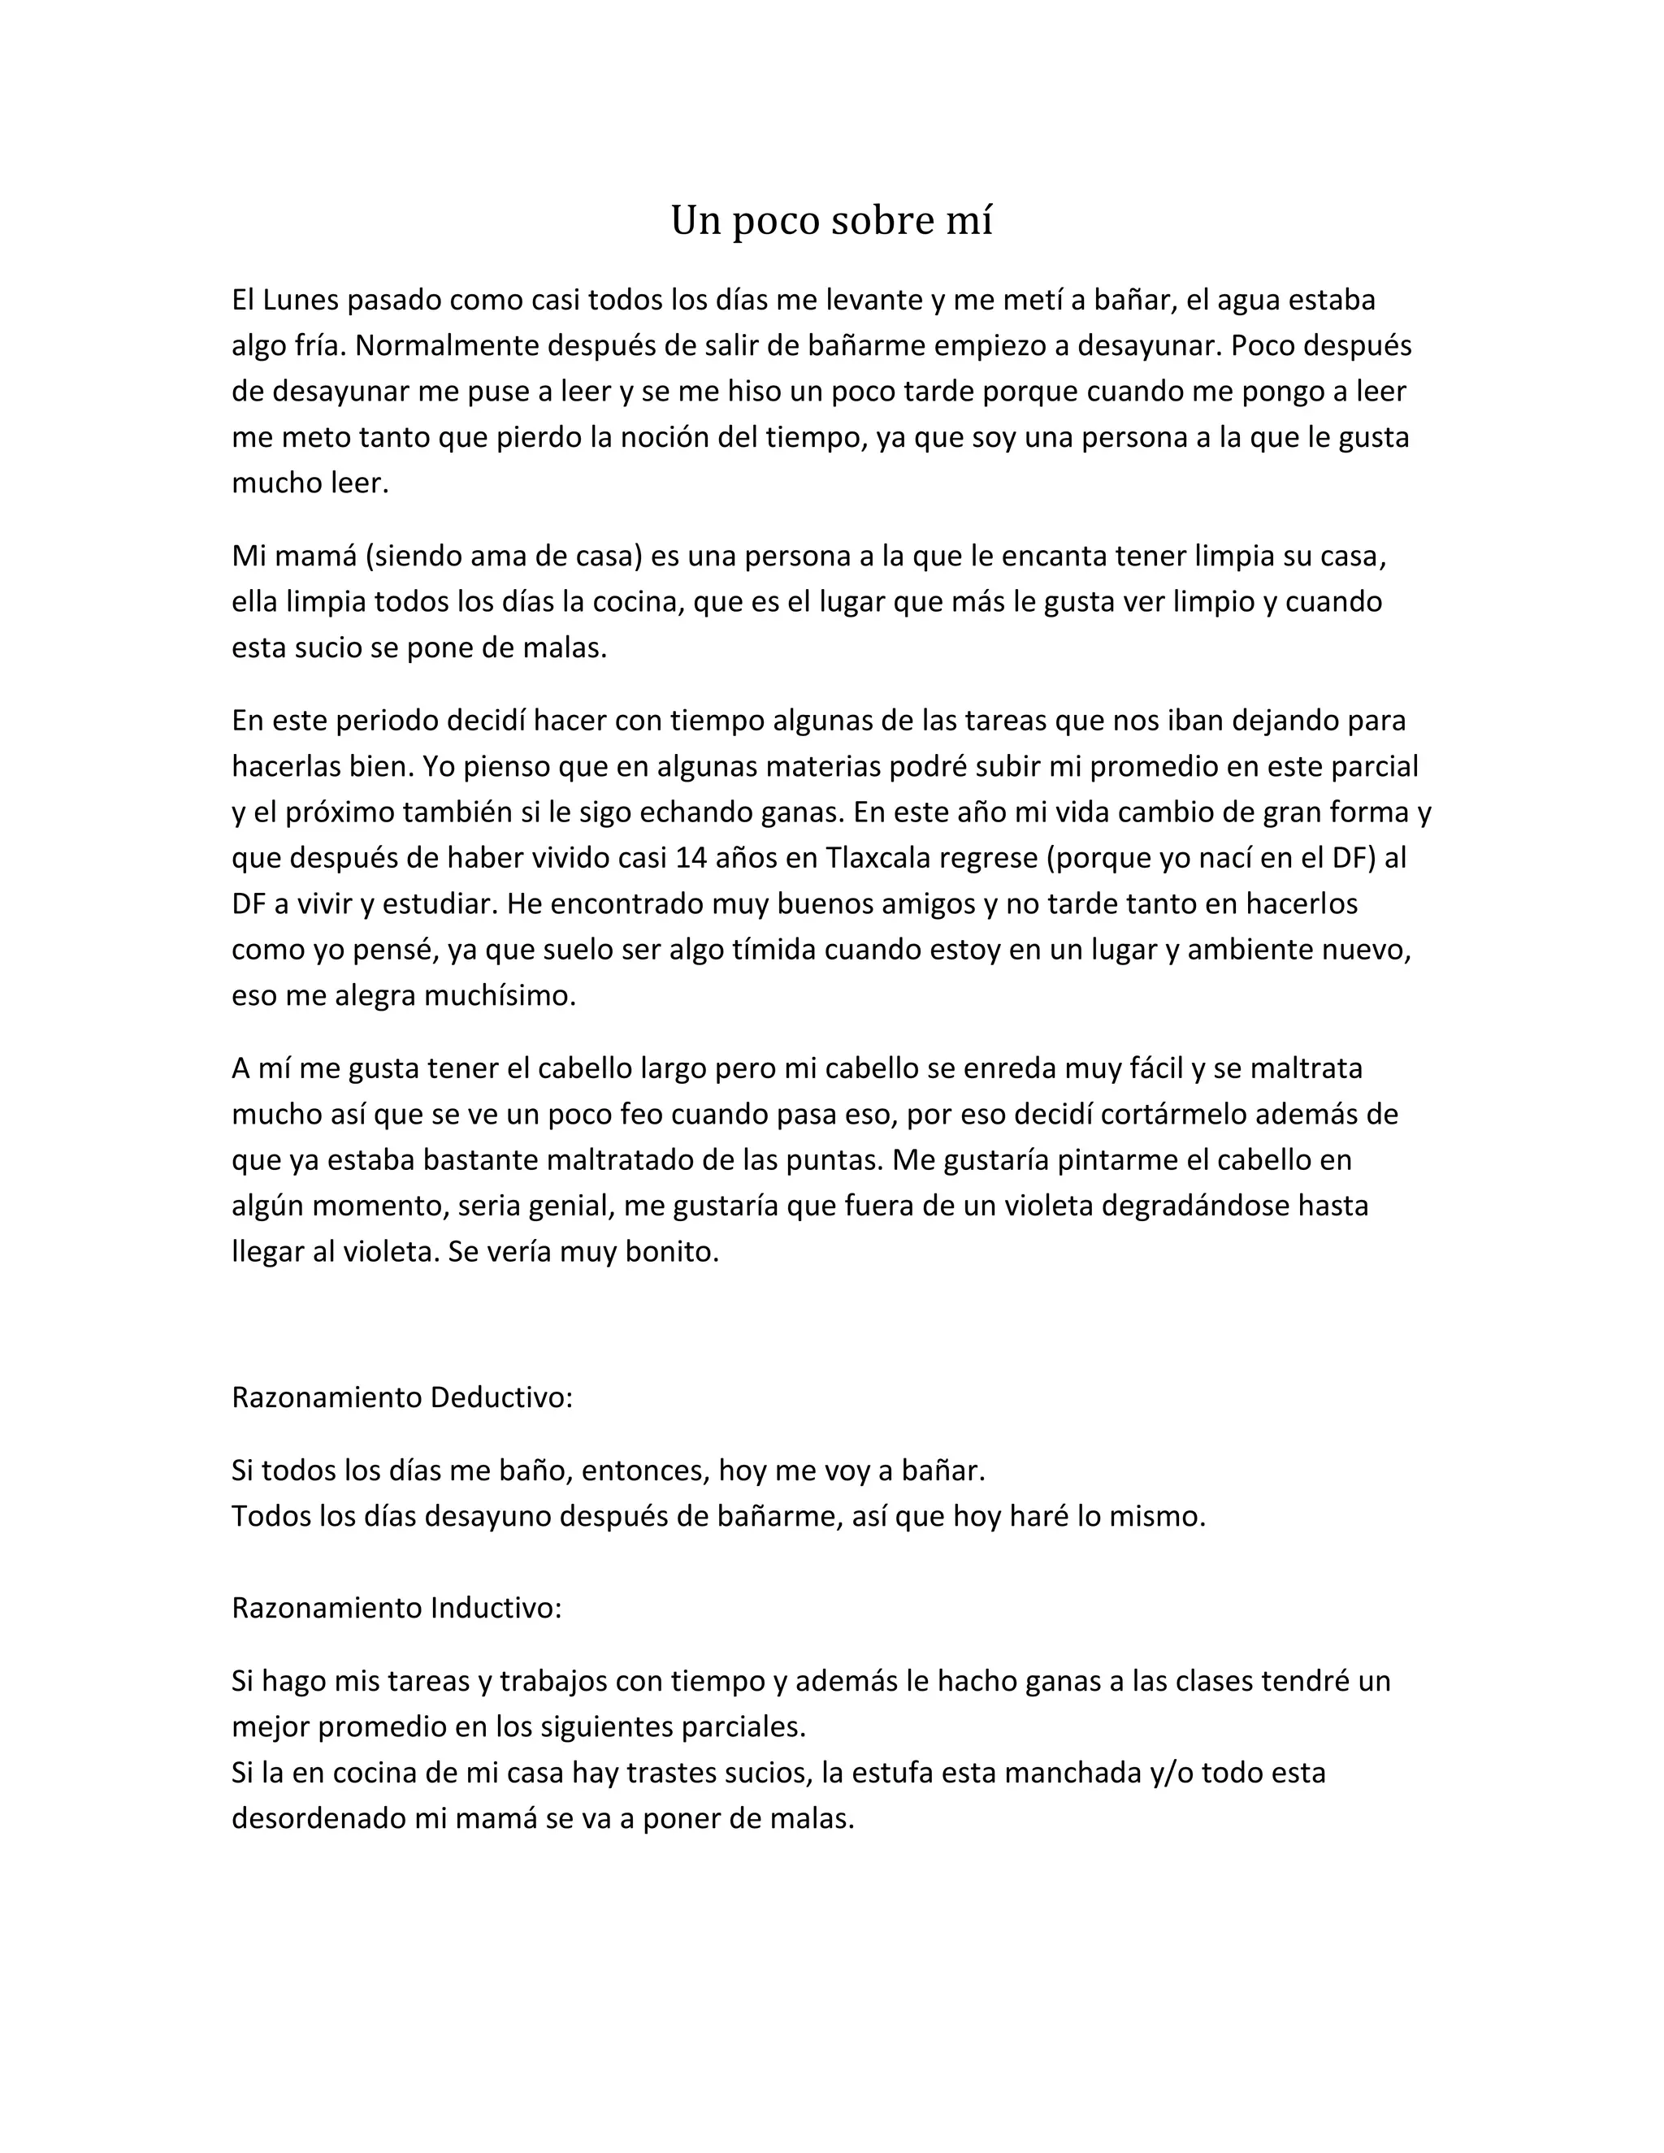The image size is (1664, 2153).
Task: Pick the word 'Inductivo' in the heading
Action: (495, 1608)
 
